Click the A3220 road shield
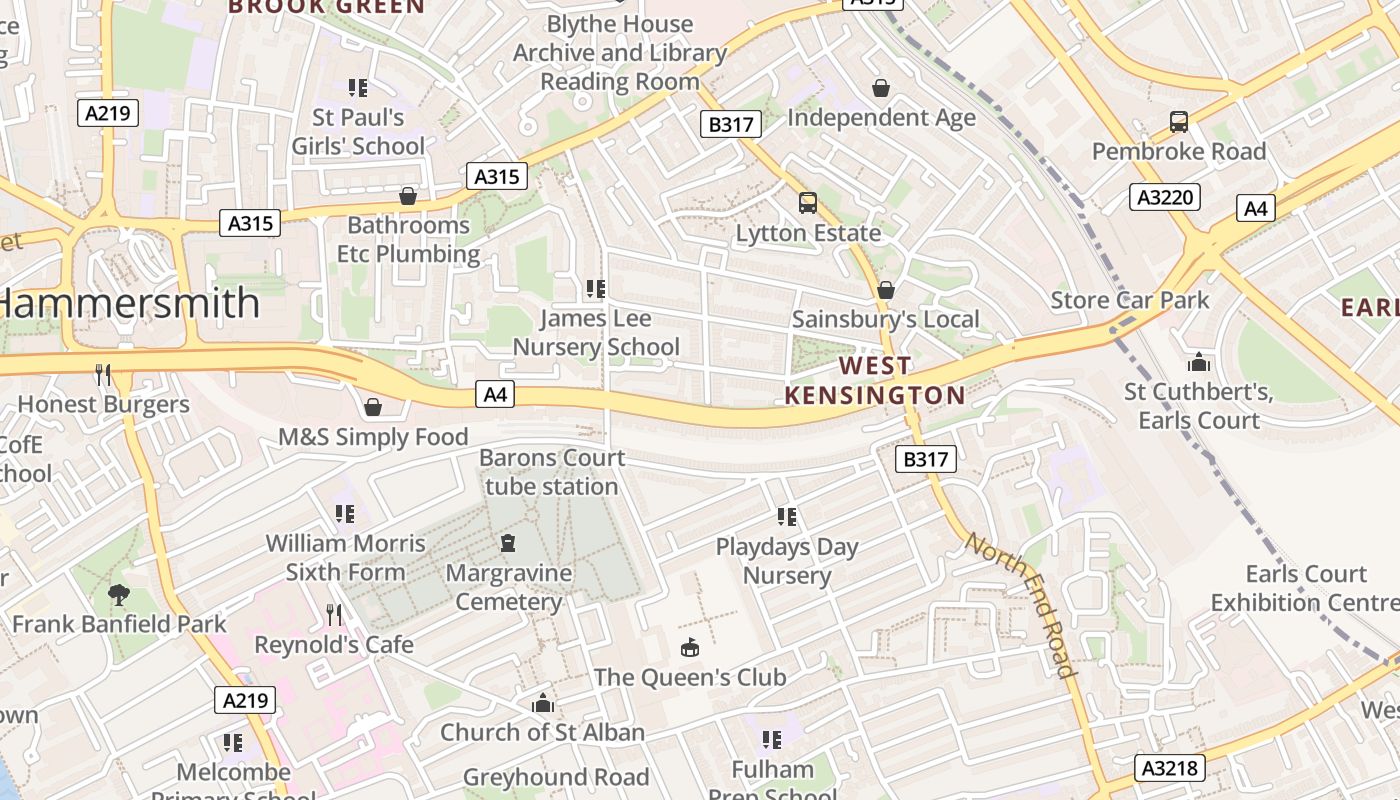point(1165,197)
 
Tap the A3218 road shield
point(1169,768)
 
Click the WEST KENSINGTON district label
point(875,380)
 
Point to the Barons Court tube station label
point(552,472)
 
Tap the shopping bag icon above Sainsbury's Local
point(885,290)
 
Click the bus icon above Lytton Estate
point(808,203)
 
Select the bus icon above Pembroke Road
point(1179,122)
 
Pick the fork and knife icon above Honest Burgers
point(103,375)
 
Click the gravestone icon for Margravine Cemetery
point(508,544)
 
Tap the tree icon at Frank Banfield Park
point(119,595)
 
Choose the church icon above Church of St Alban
point(543,703)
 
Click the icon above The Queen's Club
point(690,648)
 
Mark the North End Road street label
point(1022,605)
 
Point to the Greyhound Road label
point(556,777)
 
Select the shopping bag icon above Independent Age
point(881,88)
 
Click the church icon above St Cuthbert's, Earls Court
point(1198,361)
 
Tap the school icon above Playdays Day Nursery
point(787,517)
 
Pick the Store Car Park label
point(1129,300)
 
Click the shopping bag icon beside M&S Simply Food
point(373,407)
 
